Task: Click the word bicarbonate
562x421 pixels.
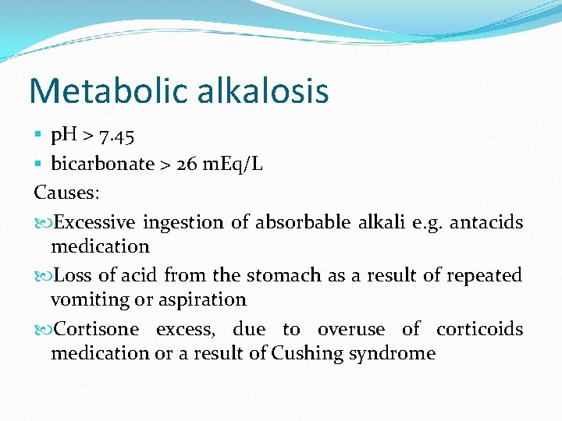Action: [102, 164]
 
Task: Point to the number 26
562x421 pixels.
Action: [187, 164]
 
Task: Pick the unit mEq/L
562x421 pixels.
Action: [233, 164]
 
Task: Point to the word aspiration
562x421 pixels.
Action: [208, 299]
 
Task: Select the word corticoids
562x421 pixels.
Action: [479, 329]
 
